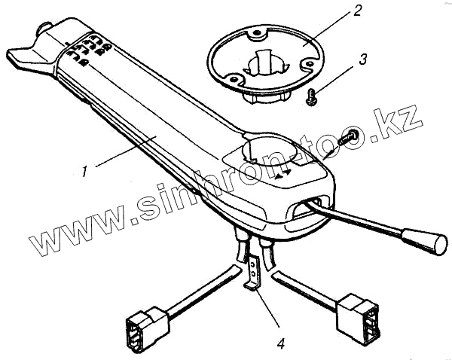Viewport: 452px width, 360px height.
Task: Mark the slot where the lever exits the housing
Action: tap(307, 206)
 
